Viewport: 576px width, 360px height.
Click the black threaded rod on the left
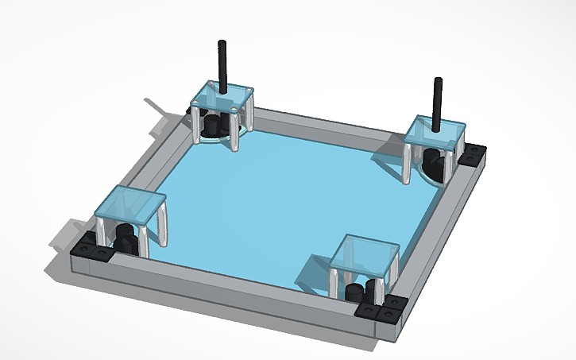coord(223,64)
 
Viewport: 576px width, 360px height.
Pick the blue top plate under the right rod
coord(435,131)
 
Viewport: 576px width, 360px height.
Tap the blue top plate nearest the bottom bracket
coord(364,254)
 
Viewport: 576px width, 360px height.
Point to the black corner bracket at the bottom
coord(381,310)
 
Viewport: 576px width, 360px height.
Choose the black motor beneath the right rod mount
coord(436,163)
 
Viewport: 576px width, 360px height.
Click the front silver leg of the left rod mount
coord(235,131)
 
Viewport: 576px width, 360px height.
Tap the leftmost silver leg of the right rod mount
coord(410,163)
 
